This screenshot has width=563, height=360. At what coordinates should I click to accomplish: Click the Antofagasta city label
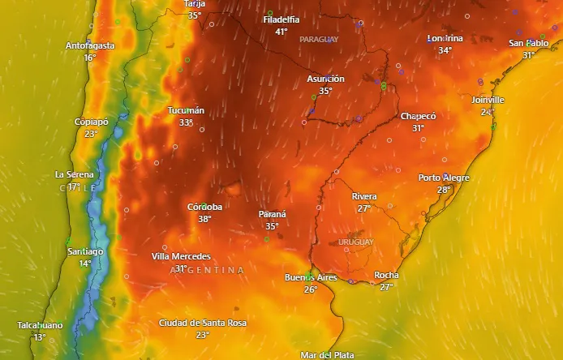(x=90, y=45)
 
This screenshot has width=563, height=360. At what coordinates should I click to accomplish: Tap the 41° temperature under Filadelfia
(x=281, y=32)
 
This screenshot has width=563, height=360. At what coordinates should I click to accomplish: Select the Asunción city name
(x=325, y=79)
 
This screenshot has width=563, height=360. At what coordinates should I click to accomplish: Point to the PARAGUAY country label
(x=319, y=39)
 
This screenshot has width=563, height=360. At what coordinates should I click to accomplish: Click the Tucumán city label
(x=186, y=110)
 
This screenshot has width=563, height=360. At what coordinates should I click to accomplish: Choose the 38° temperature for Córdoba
(x=204, y=219)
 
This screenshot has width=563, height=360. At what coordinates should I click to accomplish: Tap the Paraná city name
(x=272, y=214)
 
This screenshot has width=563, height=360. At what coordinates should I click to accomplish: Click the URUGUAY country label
(x=355, y=242)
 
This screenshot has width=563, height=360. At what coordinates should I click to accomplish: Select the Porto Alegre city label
(x=444, y=178)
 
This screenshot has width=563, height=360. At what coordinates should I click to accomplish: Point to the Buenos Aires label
(x=311, y=278)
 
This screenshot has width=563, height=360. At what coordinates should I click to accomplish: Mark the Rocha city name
(x=386, y=275)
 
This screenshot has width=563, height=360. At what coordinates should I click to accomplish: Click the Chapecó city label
(x=418, y=117)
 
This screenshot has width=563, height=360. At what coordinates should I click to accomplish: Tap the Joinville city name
(x=487, y=100)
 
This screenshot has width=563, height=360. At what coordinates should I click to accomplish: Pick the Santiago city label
(x=85, y=251)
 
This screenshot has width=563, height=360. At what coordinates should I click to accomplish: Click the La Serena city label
(x=74, y=174)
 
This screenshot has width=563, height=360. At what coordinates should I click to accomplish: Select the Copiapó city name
(x=91, y=122)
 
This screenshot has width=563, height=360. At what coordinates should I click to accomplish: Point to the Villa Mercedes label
(x=181, y=256)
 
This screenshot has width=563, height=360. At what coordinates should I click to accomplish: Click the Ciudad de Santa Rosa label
(x=202, y=323)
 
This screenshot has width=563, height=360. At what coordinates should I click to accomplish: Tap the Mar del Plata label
(x=326, y=355)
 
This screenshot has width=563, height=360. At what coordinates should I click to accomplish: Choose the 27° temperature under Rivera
(x=364, y=208)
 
